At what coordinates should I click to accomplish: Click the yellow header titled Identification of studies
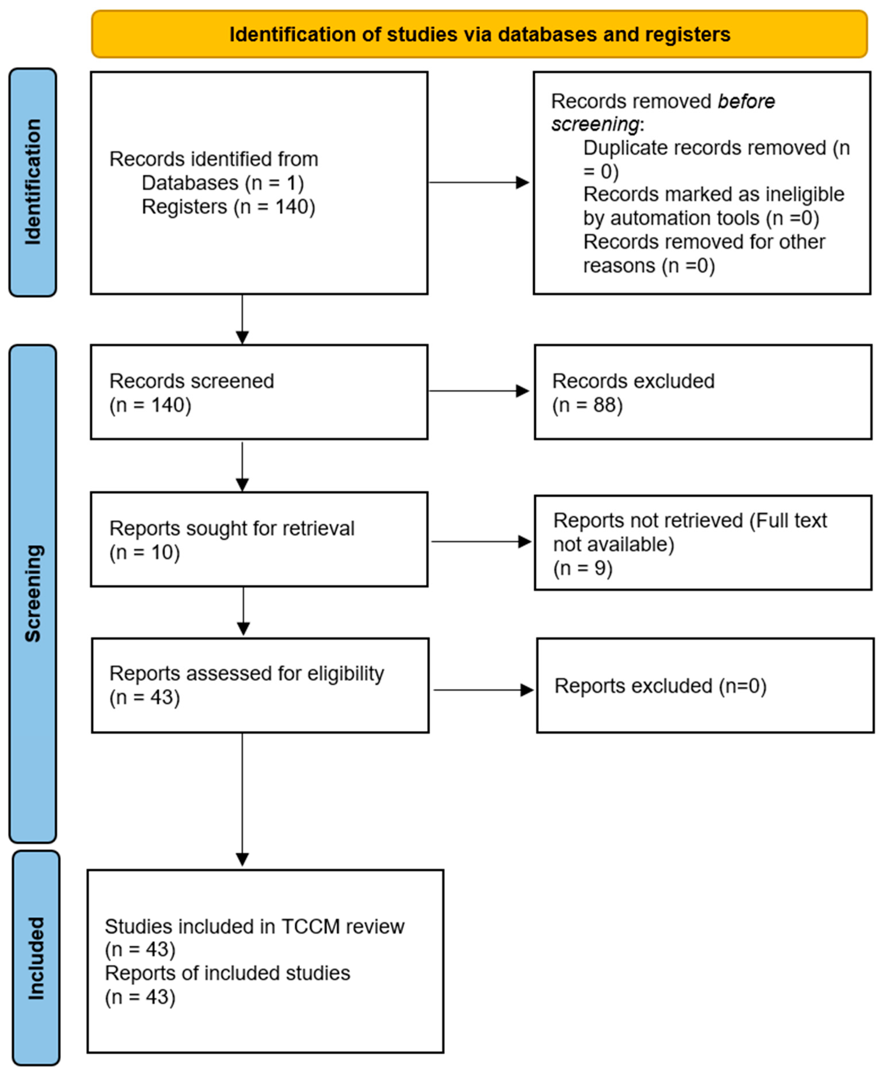[479, 34]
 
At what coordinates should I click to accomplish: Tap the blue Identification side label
[33, 182]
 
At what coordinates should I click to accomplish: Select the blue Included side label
[35, 958]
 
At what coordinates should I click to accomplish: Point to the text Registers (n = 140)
[228, 207]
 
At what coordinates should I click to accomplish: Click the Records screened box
[259, 392]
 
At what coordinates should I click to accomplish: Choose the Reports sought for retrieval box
[259, 539]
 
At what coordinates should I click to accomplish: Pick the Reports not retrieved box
[703, 543]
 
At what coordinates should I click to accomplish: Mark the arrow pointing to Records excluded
[479, 391]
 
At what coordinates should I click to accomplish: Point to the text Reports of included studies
[227, 973]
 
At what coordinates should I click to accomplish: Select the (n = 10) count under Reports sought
[145, 552]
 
